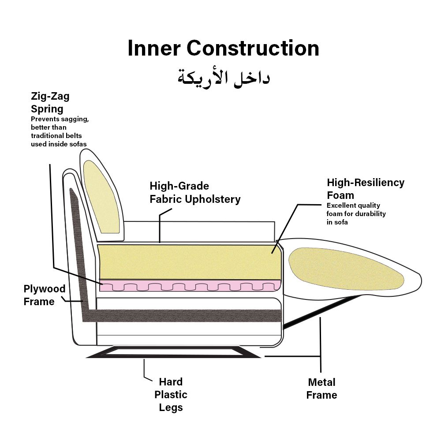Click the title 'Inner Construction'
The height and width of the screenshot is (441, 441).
pos(223,48)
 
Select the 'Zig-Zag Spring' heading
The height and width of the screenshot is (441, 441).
pos(50,102)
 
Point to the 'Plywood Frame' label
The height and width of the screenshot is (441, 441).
pos(45,295)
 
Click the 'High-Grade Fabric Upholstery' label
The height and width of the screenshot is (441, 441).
pos(195,193)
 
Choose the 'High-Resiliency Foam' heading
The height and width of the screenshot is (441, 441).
pos(365,189)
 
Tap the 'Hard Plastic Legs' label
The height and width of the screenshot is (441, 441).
pos(171,395)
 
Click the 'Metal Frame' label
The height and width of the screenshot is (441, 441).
pos(321,389)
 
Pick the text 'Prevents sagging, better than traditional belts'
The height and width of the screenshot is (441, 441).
pos(60,127)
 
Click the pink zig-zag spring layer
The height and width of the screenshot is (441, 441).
pos(190,285)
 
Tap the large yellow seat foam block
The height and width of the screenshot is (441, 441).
pos(190,262)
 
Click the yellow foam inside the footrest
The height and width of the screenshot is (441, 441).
pos(346,269)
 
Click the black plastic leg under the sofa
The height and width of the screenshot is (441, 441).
pos(173,352)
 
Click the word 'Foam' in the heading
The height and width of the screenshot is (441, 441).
pos(340,195)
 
